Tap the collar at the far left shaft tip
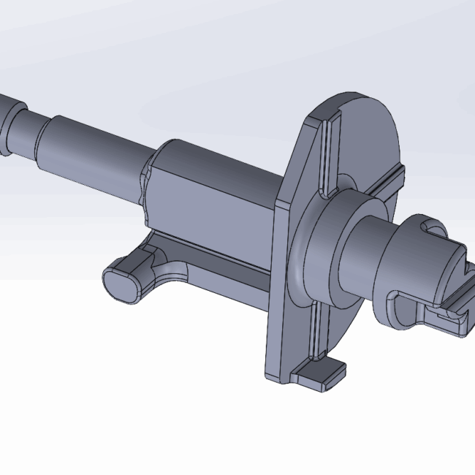point(9,121)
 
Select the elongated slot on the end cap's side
point(406,307)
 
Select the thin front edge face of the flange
point(274,292)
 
